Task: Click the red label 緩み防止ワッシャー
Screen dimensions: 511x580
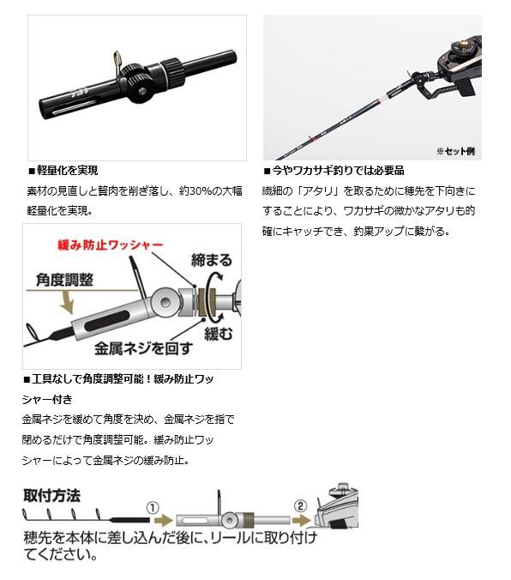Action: pos(111,245)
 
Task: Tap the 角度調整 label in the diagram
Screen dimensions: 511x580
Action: pos(64,280)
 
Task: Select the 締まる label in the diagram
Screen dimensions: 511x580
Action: pos(212,260)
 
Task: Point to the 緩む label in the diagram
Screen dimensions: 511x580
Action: pos(218,334)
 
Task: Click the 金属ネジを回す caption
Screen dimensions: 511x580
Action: pos(143,348)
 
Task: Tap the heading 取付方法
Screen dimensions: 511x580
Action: pos(51,496)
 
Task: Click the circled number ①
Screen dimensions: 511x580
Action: pos(153,508)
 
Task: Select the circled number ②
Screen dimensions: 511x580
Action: pos(300,505)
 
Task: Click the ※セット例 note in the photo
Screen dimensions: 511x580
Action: pos(455,151)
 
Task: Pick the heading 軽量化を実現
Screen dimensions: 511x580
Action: pos(63,171)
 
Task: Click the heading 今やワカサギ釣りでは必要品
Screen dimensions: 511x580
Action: pos(334,171)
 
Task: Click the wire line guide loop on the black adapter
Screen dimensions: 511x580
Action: pos(117,61)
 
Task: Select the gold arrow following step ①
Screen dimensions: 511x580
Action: pos(164,521)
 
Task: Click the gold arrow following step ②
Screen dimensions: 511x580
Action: pos(302,521)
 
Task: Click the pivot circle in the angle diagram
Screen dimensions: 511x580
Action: pos(165,302)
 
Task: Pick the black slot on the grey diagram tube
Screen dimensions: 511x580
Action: pos(107,320)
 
